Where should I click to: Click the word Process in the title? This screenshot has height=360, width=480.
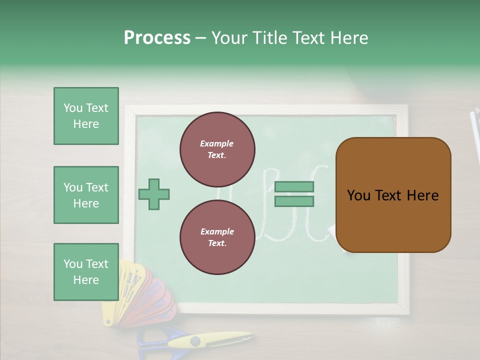coord(157,38)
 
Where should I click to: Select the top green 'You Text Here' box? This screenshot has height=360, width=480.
coord(86,116)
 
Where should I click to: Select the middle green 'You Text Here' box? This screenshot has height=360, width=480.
coord(86,195)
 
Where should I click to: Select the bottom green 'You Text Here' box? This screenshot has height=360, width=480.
coord(86,271)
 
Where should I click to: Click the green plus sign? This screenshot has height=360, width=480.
coord(154,194)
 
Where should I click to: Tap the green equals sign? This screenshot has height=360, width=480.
coord(294,194)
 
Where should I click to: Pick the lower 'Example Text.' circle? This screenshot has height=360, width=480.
coord(217,237)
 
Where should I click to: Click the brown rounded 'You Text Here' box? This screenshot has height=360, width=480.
coord(393,194)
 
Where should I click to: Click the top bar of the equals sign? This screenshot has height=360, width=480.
coord(294,187)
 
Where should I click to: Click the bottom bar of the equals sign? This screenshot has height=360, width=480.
coord(294,201)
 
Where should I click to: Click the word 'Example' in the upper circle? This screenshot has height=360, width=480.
coord(217,143)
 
